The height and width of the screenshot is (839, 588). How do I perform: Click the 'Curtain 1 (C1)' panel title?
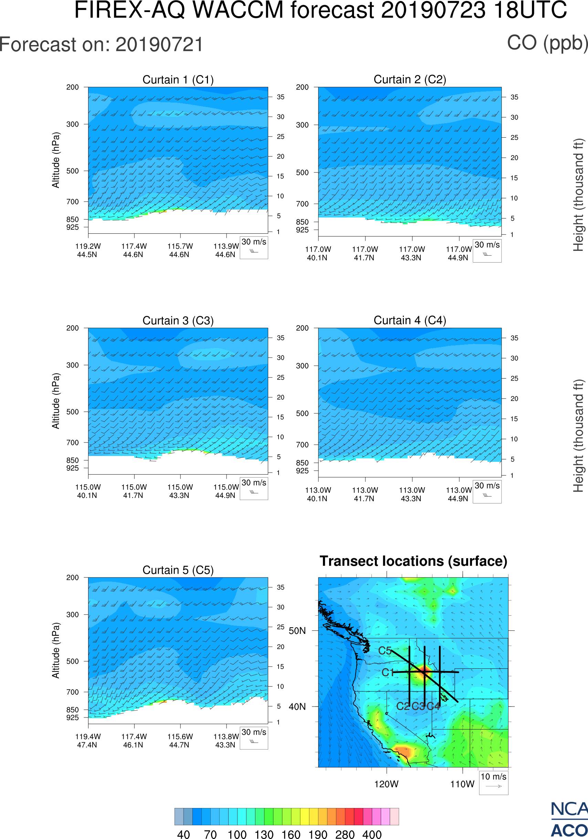(178, 79)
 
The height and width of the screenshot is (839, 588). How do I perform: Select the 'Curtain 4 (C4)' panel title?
(409, 320)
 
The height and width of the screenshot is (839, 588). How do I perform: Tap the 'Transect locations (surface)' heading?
(413, 561)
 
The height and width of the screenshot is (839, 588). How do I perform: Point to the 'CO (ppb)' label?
(547, 43)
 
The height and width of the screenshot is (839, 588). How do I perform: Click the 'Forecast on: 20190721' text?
(101, 45)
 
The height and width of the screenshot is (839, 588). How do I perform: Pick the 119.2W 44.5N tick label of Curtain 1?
(88, 250)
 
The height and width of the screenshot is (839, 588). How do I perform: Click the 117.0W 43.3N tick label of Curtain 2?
(411, 253)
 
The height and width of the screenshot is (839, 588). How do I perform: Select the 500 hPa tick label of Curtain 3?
(72, 412)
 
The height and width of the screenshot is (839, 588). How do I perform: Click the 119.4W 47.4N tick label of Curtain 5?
(88, 741)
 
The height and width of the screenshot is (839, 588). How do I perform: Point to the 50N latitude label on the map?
(297, 631)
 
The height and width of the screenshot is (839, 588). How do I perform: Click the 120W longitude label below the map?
(386, 784)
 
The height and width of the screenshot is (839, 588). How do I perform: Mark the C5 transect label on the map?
(385, 651)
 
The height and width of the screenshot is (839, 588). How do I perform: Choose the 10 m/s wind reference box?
(493, 782)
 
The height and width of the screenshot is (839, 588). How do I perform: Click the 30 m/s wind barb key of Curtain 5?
(254, 738)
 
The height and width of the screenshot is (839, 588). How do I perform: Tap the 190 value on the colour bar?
(317, 834)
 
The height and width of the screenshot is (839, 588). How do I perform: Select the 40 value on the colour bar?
(183, 834)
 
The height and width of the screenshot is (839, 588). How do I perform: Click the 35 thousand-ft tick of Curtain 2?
(514, 97)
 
